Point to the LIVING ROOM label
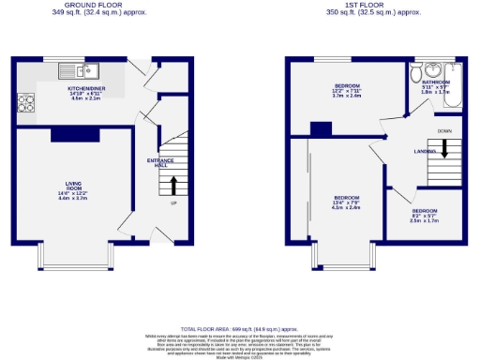[72, 190]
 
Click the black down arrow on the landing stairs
[445, 148]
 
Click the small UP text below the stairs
[172, 203]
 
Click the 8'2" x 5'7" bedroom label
[424, 215]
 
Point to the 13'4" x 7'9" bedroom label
[346, 202]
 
